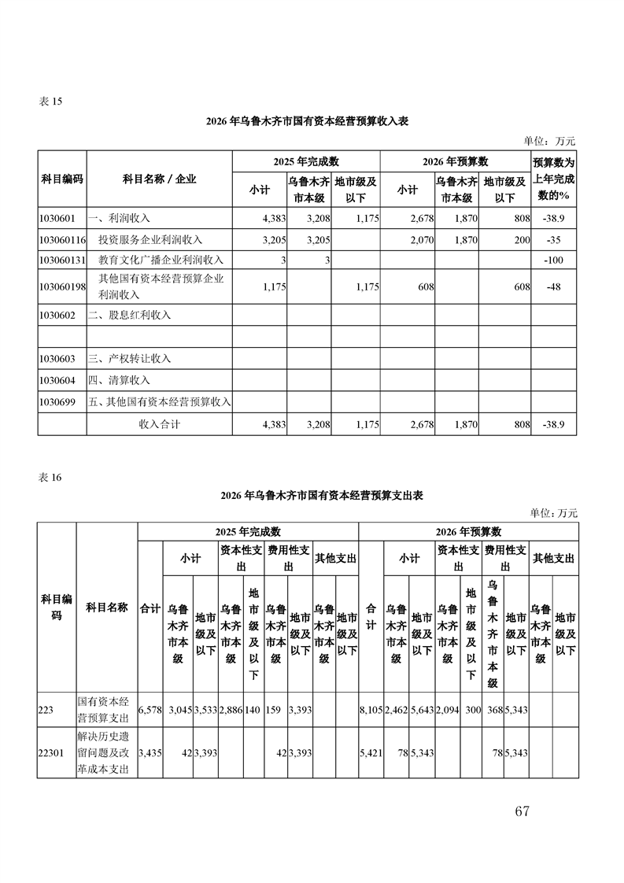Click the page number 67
(522, 811)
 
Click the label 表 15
(50, 102)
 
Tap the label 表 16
(50, 477)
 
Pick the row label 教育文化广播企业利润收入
(161, 260)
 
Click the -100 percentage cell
(556, 260)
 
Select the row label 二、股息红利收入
(129, 315)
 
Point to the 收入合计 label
(160, 424)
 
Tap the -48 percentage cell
(556, 287)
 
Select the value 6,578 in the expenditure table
(150, 710)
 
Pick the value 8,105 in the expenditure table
(371, 710)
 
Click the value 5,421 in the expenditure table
(371, 753)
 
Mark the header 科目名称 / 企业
(159, 179)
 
